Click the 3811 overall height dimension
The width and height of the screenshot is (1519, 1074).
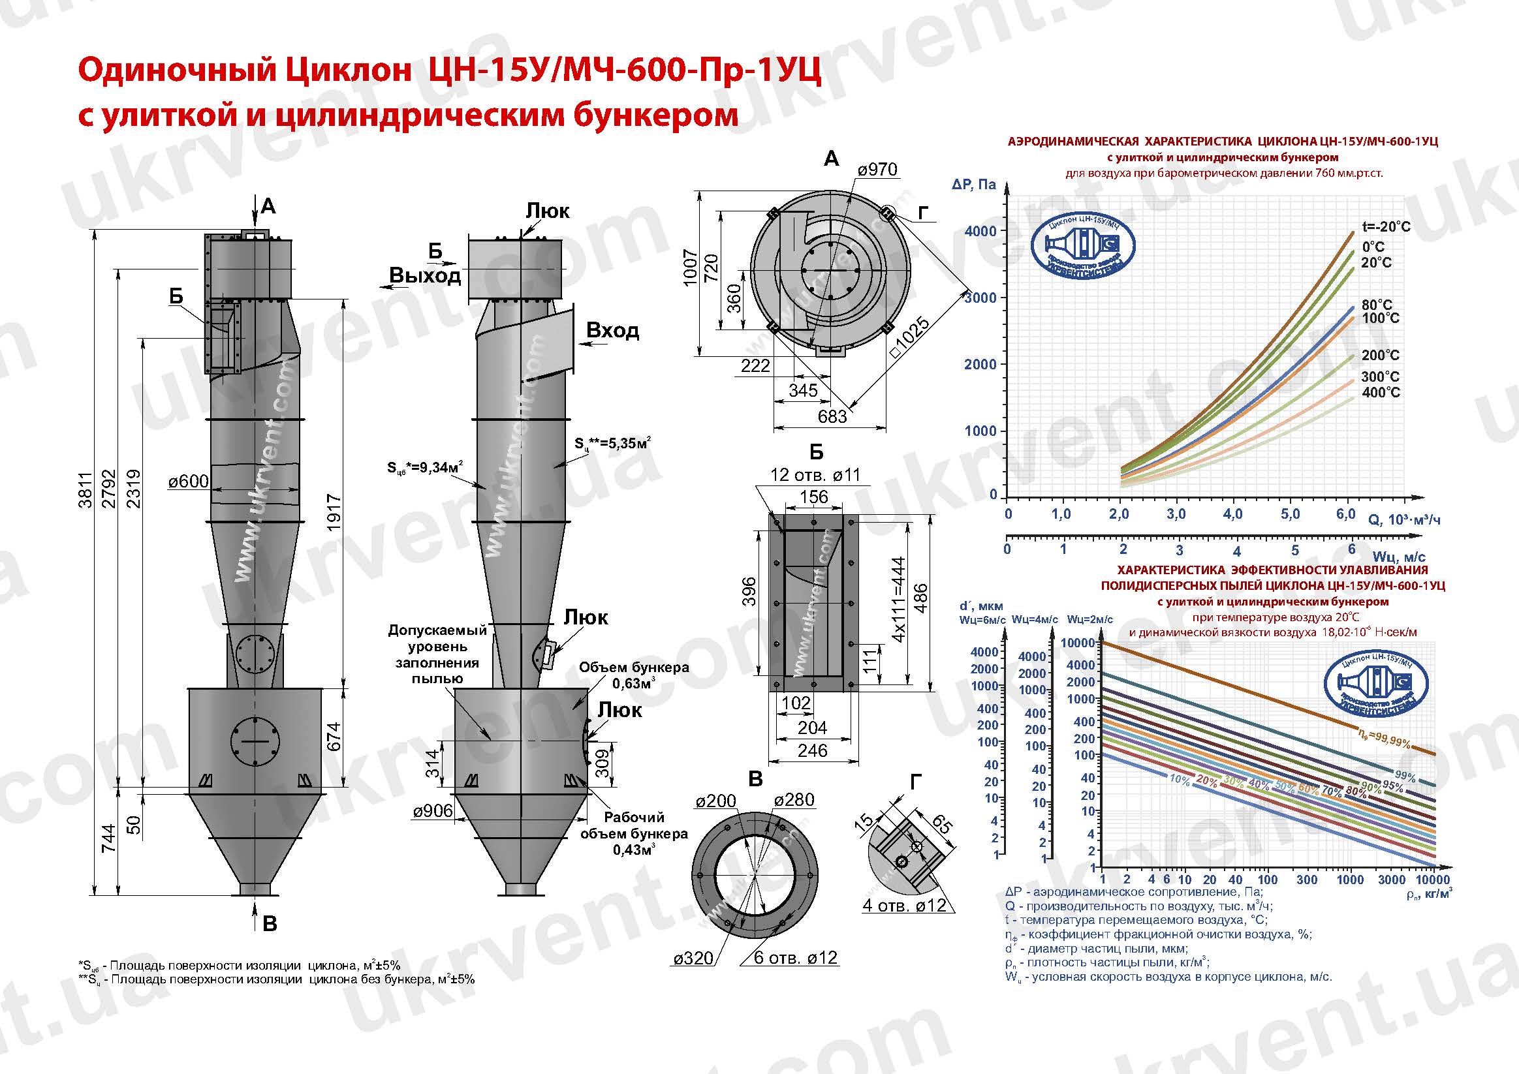85,490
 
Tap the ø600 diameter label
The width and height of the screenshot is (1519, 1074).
188,482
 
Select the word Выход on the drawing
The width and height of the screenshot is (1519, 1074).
425,275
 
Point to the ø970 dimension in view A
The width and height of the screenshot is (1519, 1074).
877,170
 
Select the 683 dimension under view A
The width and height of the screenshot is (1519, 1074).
832,417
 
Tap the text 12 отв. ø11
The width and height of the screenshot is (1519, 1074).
815,475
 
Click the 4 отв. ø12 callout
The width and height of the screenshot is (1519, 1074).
904,906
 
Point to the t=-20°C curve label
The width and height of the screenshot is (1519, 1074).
1386,227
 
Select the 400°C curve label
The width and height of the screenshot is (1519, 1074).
1381,393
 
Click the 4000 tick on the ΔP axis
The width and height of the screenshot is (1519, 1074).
980,231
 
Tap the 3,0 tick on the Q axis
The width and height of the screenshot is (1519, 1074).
1176,514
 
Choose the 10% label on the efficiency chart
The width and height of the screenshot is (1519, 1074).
1180,780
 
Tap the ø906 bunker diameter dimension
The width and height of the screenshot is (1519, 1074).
433,812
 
